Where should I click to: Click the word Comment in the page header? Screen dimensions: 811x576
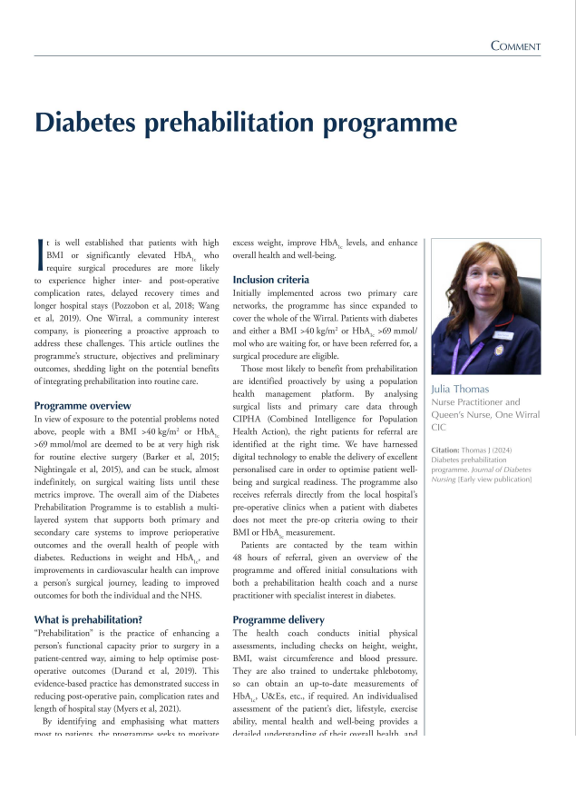pos(515,46)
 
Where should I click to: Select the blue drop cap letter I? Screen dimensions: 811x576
pos(38,251)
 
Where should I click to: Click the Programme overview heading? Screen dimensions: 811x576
pos(82,406)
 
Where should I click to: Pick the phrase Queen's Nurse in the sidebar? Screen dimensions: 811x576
pos(465,414)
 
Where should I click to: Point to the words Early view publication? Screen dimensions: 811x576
pos(495,479)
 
